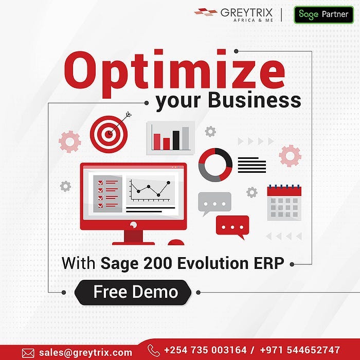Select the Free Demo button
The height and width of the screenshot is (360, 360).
tap(135, 292)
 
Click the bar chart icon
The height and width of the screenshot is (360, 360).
tap(171, 137)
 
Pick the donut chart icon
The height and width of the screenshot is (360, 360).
tap(215, 165)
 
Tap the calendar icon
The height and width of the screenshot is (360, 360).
tap(284, 203)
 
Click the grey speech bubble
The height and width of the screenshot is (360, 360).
tap(214, 203)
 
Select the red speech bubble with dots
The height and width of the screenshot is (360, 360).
tap(232, 226)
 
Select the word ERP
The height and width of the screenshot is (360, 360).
tap(269, 263)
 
